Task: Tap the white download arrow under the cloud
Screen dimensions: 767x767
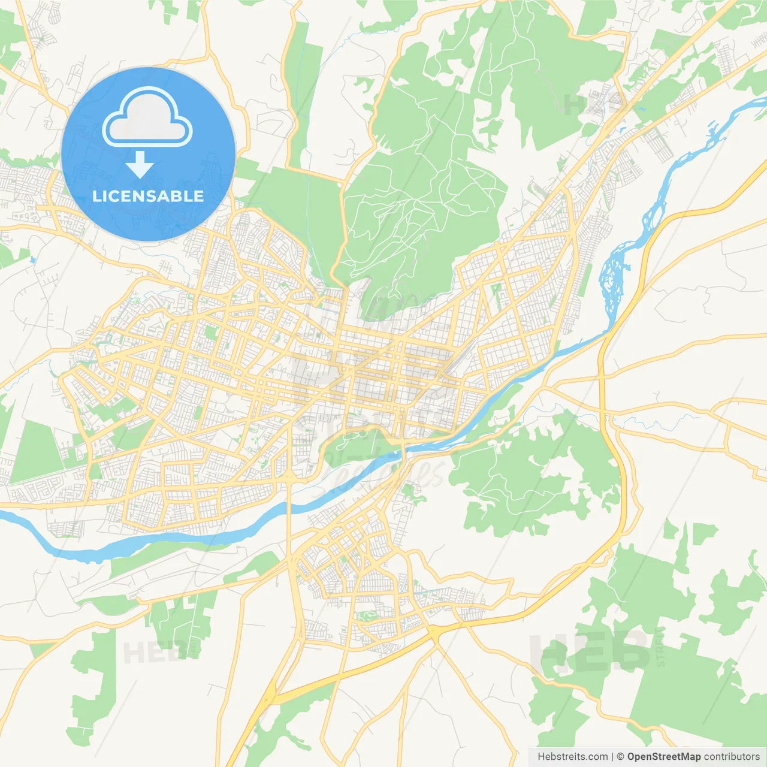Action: point(140,165)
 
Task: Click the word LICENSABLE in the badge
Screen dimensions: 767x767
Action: point(148,196)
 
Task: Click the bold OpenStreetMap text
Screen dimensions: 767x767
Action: point(663,757)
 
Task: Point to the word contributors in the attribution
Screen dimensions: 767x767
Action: point(731,757)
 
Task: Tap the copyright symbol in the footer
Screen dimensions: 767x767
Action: point(621,757)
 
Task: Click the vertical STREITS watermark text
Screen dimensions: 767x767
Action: point(660,647)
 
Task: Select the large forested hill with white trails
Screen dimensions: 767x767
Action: point(419,198)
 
